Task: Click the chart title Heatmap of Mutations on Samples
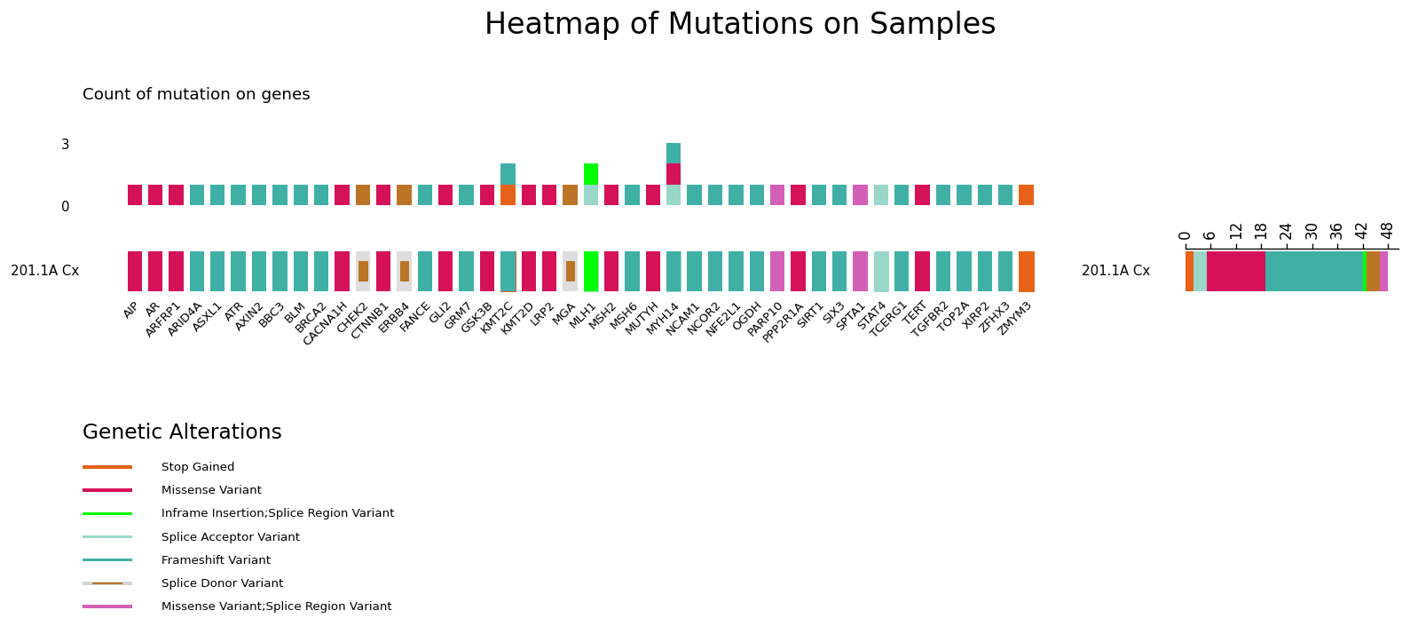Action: [739, 24]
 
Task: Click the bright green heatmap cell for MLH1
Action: [591, 271]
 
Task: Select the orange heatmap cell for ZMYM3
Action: [1026, 271]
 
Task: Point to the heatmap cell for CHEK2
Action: [363, 271]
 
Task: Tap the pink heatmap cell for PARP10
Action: [777, 271]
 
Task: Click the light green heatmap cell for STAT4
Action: [881, 271]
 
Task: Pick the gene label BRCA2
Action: [311, 318]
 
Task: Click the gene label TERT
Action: [915, 313]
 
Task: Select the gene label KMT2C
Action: [497, 318]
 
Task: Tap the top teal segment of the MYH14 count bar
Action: [674, 154]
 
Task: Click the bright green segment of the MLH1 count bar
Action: [591, 174]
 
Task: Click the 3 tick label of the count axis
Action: [65, 145]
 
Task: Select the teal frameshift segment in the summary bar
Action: [1314, 271]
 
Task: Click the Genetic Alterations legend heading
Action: [182, 432]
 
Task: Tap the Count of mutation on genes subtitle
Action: [196, 94]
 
